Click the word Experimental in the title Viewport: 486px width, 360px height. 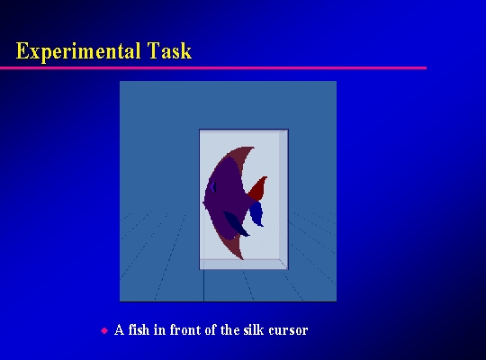point(77,51)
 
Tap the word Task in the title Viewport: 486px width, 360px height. point(169,50)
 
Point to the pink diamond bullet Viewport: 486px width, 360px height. point(104,330)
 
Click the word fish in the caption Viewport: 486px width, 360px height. point(139,329)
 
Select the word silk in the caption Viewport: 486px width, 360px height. point(254,329)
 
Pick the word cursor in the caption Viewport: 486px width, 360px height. point(288,331)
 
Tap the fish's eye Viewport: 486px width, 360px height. point(213,186)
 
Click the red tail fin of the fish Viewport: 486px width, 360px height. point(258,188)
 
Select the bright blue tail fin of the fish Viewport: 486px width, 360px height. point(256,213)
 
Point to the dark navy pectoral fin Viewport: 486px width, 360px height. point(236,224)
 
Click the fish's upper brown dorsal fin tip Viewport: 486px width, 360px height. point(254,148)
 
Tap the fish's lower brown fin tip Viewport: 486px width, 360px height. point(243,258)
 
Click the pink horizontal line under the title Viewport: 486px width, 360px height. point(213,67)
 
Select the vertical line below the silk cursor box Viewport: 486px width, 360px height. point(203,285)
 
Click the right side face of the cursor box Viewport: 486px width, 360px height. point(283,199)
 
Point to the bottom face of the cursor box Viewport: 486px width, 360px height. point(244,265)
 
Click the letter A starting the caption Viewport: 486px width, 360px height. point(120,329)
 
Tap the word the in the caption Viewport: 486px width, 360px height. point(229,329)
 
